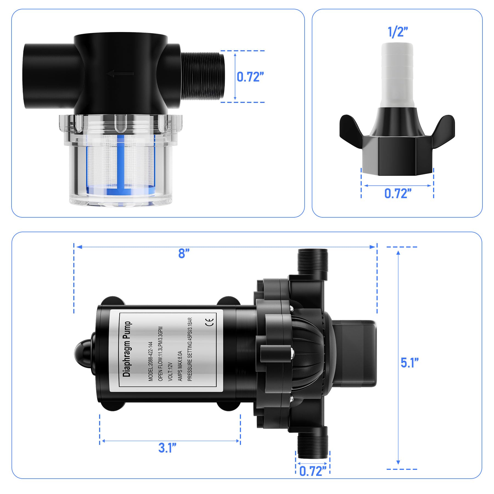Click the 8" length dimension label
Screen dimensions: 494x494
point(184,253)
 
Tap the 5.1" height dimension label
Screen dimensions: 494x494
point(409,363)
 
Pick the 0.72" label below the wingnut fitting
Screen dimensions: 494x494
point(398,193)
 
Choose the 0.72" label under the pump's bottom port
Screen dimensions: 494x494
point(313,471)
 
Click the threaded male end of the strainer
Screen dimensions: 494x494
point(203,76)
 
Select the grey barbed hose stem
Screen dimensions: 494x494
point(397,74)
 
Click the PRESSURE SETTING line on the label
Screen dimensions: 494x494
point(190,349)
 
